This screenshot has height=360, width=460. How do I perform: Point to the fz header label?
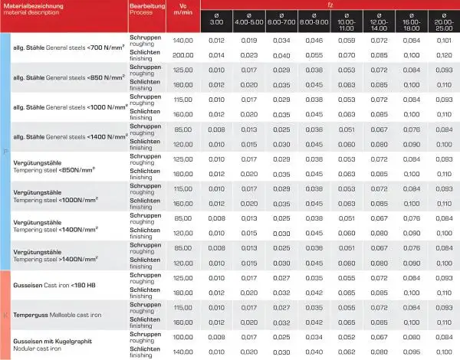coord(330,5)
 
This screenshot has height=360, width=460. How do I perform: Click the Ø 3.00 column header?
coord(217,21)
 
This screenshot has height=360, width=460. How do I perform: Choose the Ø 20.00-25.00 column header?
coord(443,21)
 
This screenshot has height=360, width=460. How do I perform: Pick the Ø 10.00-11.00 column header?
coord(347,21)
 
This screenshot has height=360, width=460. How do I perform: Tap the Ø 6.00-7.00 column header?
coord(281,21)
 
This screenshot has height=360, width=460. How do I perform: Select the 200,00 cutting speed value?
coord(182,55)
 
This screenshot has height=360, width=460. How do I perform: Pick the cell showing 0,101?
coord(443,41)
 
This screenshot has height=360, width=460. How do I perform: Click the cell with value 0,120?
coord(443,55)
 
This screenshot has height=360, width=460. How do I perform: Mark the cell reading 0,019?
coord(249,41)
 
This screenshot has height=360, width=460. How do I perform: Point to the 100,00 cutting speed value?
coord(182,336)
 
